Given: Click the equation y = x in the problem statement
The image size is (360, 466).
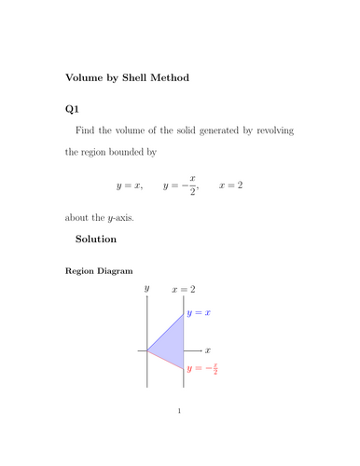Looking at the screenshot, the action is point(128,186).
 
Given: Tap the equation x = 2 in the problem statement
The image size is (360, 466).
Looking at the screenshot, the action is point(230,186).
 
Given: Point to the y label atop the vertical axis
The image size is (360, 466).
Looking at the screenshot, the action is point(147,291).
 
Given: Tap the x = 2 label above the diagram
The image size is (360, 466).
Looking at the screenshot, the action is point(183,291).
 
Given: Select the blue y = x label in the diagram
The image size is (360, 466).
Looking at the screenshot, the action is point(199,314).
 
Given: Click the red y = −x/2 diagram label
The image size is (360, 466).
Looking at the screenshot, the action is point(202,369).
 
